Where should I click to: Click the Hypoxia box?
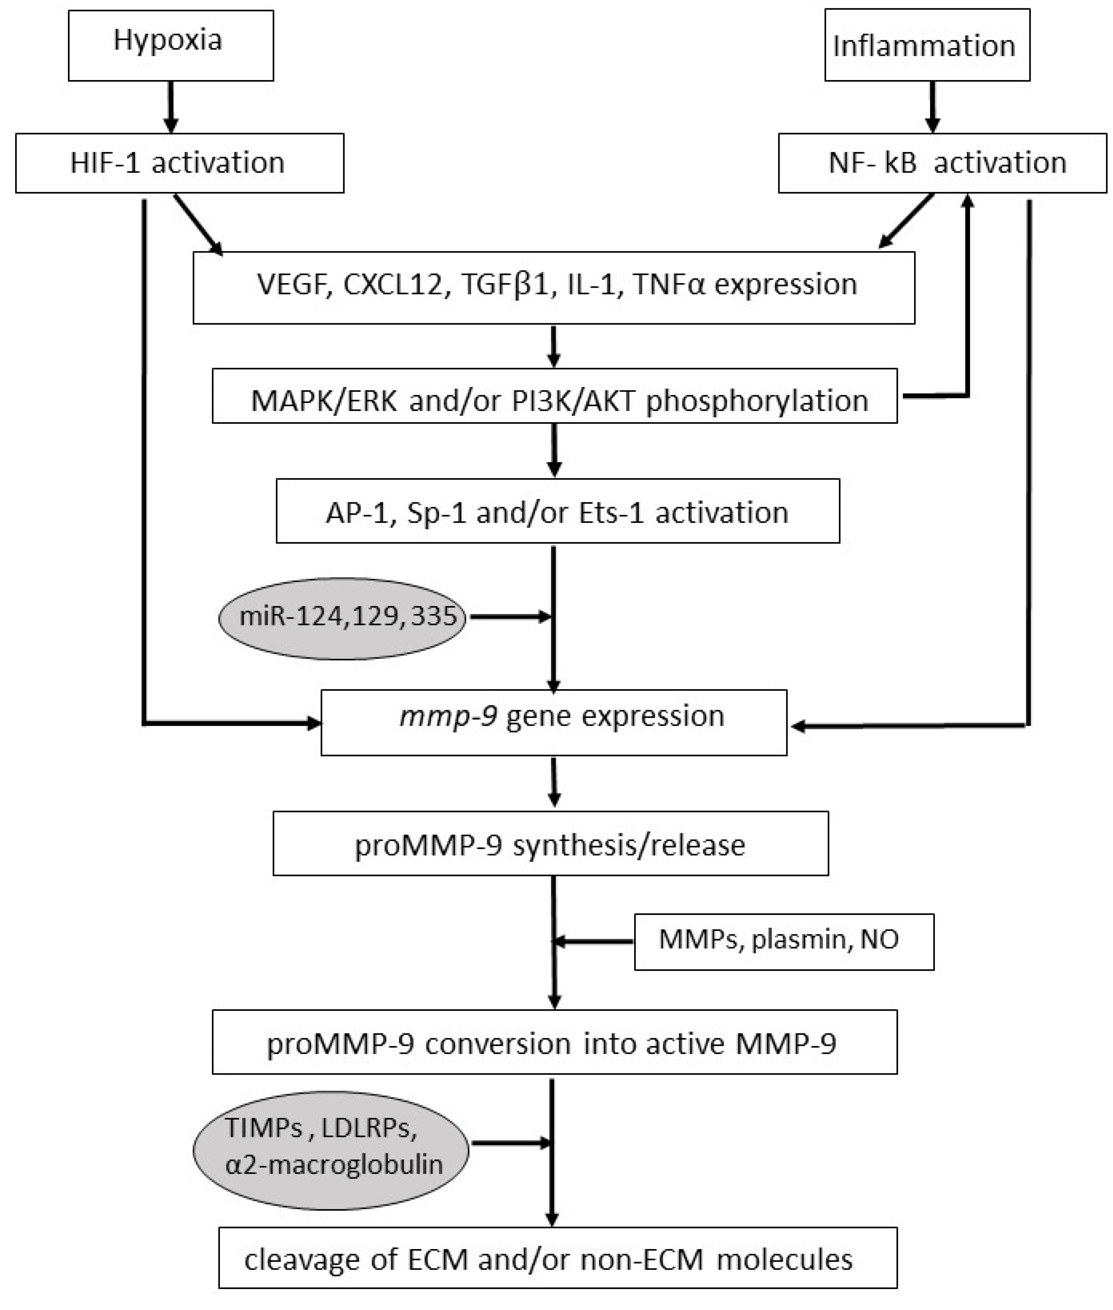(x=170, y=45)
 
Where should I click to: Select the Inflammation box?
(x=927, y=45)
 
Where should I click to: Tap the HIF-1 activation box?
(x=179, y=163)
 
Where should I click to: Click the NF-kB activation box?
(x=942, y=163)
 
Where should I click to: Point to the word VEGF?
(x=295, y=285)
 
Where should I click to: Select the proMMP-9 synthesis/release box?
(x=550, y=844)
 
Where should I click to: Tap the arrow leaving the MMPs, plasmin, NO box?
(x=593, y=941)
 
